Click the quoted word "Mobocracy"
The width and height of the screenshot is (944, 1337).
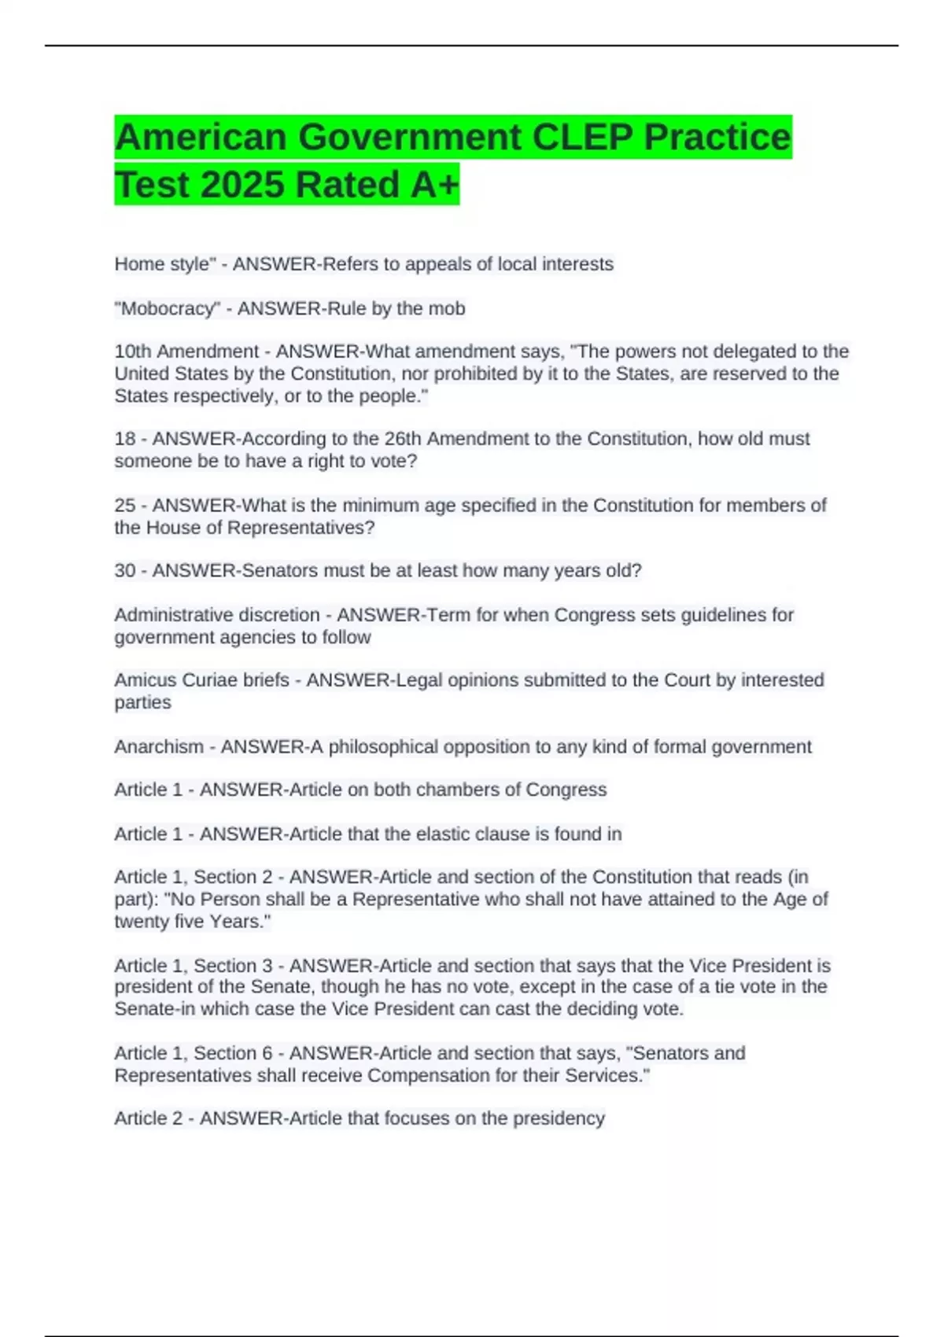(167, 308)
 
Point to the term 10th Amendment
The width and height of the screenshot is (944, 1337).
(186, 352)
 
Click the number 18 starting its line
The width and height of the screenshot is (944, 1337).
(125, 439)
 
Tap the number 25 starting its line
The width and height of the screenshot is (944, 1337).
(125, 505)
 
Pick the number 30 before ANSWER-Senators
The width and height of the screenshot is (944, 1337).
(125, 570)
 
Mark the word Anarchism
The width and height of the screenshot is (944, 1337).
(159, 746)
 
